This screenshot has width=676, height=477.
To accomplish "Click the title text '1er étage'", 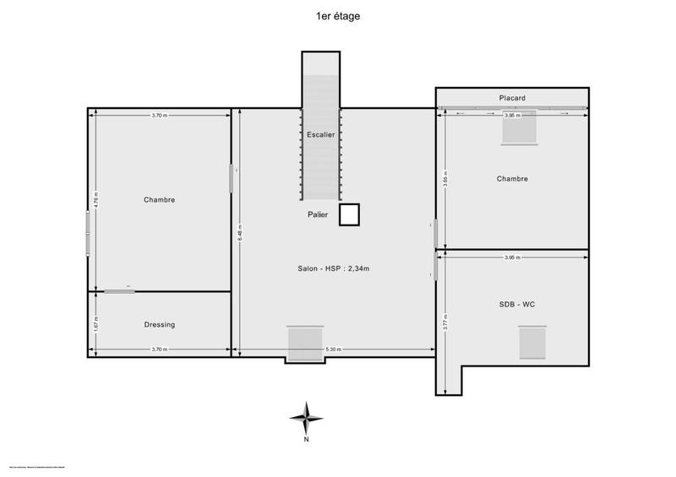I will (337, 15).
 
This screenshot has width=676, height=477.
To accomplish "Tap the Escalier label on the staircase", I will (321, 134).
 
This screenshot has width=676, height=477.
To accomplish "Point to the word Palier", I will (319, 214).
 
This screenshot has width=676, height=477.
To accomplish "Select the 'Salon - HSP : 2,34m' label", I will (334, 268).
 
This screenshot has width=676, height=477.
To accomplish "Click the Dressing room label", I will (160, 324).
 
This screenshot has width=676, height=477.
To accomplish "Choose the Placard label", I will (511, 99).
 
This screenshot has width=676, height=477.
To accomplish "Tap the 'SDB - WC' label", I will (516, 304).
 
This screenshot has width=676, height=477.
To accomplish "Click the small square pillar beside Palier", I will (349, 215).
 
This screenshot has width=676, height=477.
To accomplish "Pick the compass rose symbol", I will (306, 417).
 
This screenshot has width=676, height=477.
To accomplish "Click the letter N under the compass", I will (306, 440).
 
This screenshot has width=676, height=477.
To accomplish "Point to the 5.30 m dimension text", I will (334, 350).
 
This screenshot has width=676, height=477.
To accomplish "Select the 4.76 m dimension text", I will (96, 203).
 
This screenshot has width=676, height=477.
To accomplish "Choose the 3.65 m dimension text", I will (444, 180).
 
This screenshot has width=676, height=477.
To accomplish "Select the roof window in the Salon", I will (305, 343).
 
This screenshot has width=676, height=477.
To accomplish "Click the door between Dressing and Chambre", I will (119, 291).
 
